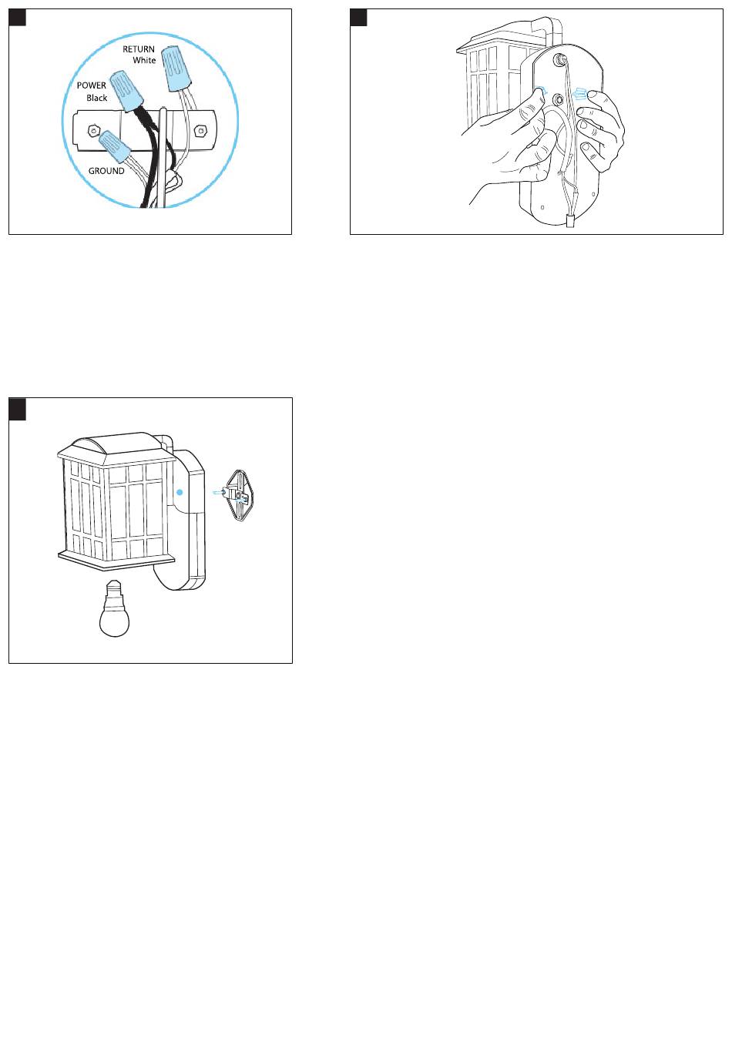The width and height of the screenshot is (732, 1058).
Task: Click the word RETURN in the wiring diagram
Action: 139,49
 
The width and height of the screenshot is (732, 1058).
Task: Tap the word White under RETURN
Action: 144,60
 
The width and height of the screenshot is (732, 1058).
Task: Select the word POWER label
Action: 91,85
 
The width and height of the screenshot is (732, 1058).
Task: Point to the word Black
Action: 97,98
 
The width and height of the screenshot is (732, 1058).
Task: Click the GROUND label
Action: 106,171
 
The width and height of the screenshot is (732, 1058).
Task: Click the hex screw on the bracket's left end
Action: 93,129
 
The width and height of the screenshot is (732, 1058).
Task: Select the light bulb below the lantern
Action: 114,608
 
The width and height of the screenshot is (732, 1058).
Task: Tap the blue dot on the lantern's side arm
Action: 180,492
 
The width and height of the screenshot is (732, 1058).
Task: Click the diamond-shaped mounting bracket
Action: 239,496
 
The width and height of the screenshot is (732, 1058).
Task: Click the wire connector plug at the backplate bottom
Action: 570,220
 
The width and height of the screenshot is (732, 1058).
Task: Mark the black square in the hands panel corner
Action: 358,18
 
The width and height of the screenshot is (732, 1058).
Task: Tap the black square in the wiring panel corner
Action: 18,18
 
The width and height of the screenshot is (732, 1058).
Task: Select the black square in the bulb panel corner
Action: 18,409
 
